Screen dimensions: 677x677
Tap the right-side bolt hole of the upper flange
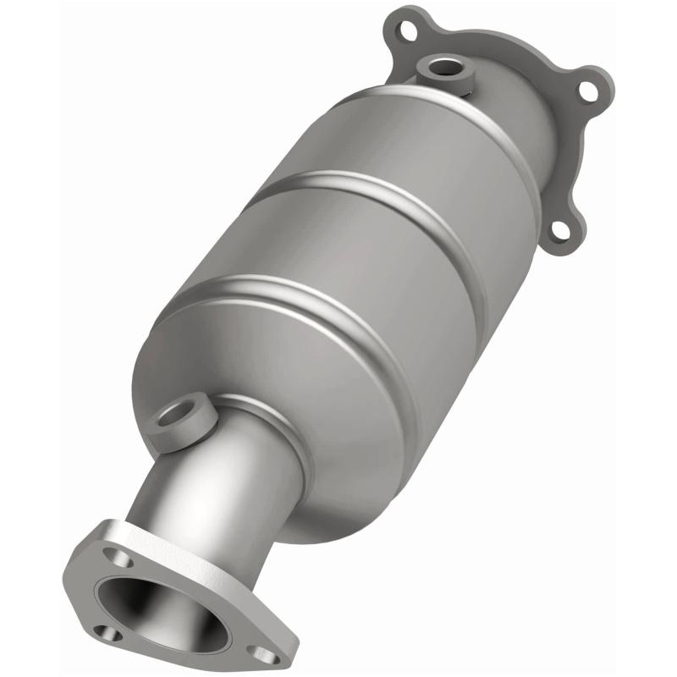coord(584,93)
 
